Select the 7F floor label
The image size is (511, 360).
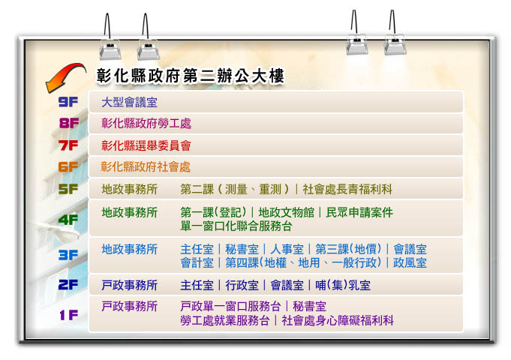tap(69, 145)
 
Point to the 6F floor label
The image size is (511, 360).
tap(68, 167)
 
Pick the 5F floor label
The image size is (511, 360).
tap(68, 189)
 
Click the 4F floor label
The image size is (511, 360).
tap(68, 220)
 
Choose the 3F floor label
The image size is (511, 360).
tap(68, 255)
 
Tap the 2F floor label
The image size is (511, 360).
tap(68, 285)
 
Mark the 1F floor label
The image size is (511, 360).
tap(68, 316)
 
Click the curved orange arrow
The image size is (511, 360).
tap(63, 76)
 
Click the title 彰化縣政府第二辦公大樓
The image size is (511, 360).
tap(190, 76)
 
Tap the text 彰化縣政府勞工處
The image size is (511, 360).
tap(146, 124)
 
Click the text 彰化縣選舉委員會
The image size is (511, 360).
tap(146, 145)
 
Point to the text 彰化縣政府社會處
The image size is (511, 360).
tap(146, 167)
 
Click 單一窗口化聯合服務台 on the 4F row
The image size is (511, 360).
tap(236, 226)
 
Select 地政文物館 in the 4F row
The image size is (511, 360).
tap(285, 213)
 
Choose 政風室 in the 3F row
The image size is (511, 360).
tap(410, 262)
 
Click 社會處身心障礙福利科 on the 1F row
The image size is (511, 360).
tap(338, 320)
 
